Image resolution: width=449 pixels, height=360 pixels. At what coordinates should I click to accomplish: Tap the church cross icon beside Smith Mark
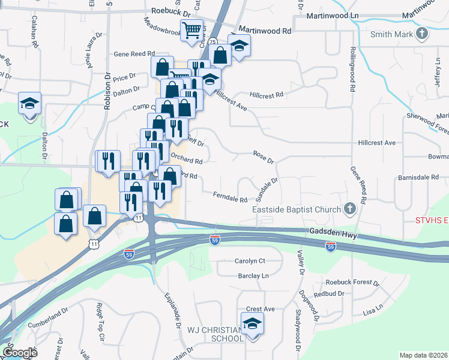[423, 34]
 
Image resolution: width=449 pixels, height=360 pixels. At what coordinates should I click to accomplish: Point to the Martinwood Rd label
[265, 29]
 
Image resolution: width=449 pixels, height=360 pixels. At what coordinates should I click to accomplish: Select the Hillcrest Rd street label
[266, 95]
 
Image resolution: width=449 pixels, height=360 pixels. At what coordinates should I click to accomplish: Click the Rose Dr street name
[263, 157]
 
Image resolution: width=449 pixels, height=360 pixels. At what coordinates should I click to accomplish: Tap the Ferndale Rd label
[231, 196]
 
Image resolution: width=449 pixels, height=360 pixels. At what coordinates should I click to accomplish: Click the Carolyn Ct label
[250, 262]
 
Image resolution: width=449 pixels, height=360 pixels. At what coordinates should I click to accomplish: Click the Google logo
[19, 353]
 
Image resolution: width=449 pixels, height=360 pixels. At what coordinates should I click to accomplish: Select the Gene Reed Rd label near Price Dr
[134, 54]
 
